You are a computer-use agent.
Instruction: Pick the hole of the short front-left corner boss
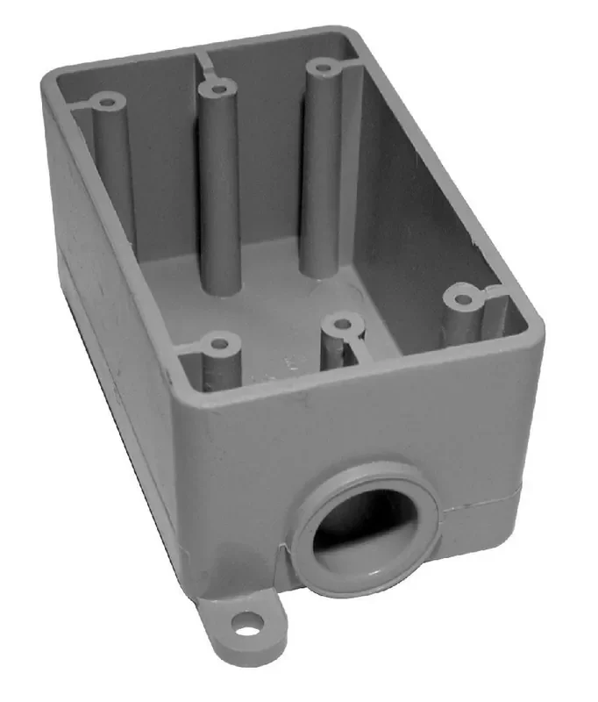tap(217, 339)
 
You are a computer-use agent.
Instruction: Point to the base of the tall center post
tap(220, 285)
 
